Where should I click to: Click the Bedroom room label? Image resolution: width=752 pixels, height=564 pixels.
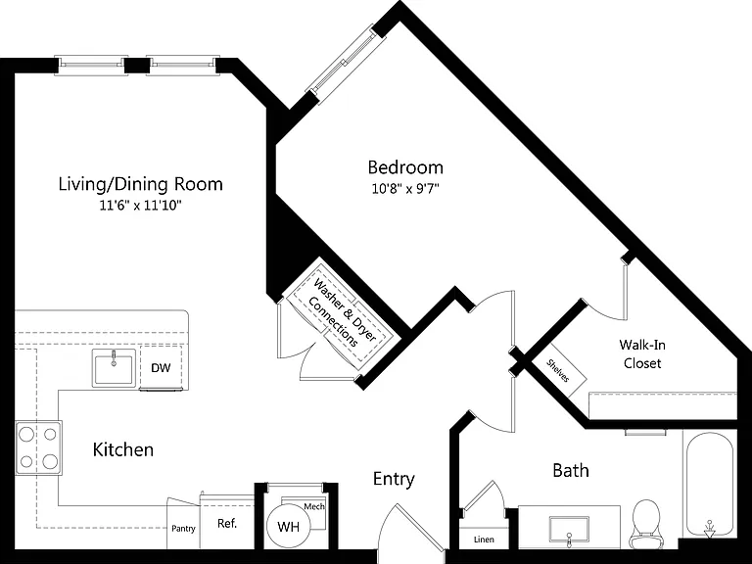(405, 167)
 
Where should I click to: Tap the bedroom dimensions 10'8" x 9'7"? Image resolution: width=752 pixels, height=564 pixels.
(405, 188)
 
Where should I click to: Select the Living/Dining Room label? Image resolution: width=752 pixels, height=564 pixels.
(141, 184)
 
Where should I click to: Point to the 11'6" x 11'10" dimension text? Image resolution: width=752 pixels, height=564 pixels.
(141, 206)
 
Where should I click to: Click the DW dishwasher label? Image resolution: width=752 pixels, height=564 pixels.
(161, 368)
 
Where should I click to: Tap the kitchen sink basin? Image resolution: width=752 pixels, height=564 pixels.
(114, 368)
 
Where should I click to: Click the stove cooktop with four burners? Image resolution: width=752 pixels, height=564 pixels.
(38, 447)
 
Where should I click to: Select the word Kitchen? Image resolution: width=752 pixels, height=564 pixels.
(123, 449)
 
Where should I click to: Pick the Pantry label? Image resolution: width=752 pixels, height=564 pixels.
(183, 529)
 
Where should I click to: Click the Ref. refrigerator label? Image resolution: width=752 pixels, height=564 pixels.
(227, 523)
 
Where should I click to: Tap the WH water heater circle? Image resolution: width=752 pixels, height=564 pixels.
(288, 527)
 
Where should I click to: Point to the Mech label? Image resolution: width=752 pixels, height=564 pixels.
(314, 506)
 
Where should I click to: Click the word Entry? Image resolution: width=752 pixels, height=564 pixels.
(394, 479)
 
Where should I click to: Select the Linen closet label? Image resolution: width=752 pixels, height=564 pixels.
(484, 540)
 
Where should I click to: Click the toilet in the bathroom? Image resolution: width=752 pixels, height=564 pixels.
(646, 524)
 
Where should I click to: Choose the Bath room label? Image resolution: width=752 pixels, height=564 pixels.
(571, 470)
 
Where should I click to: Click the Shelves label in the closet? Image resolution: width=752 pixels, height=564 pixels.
(558, 371)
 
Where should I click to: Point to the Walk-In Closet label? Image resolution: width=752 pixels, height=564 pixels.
(642, 353)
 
